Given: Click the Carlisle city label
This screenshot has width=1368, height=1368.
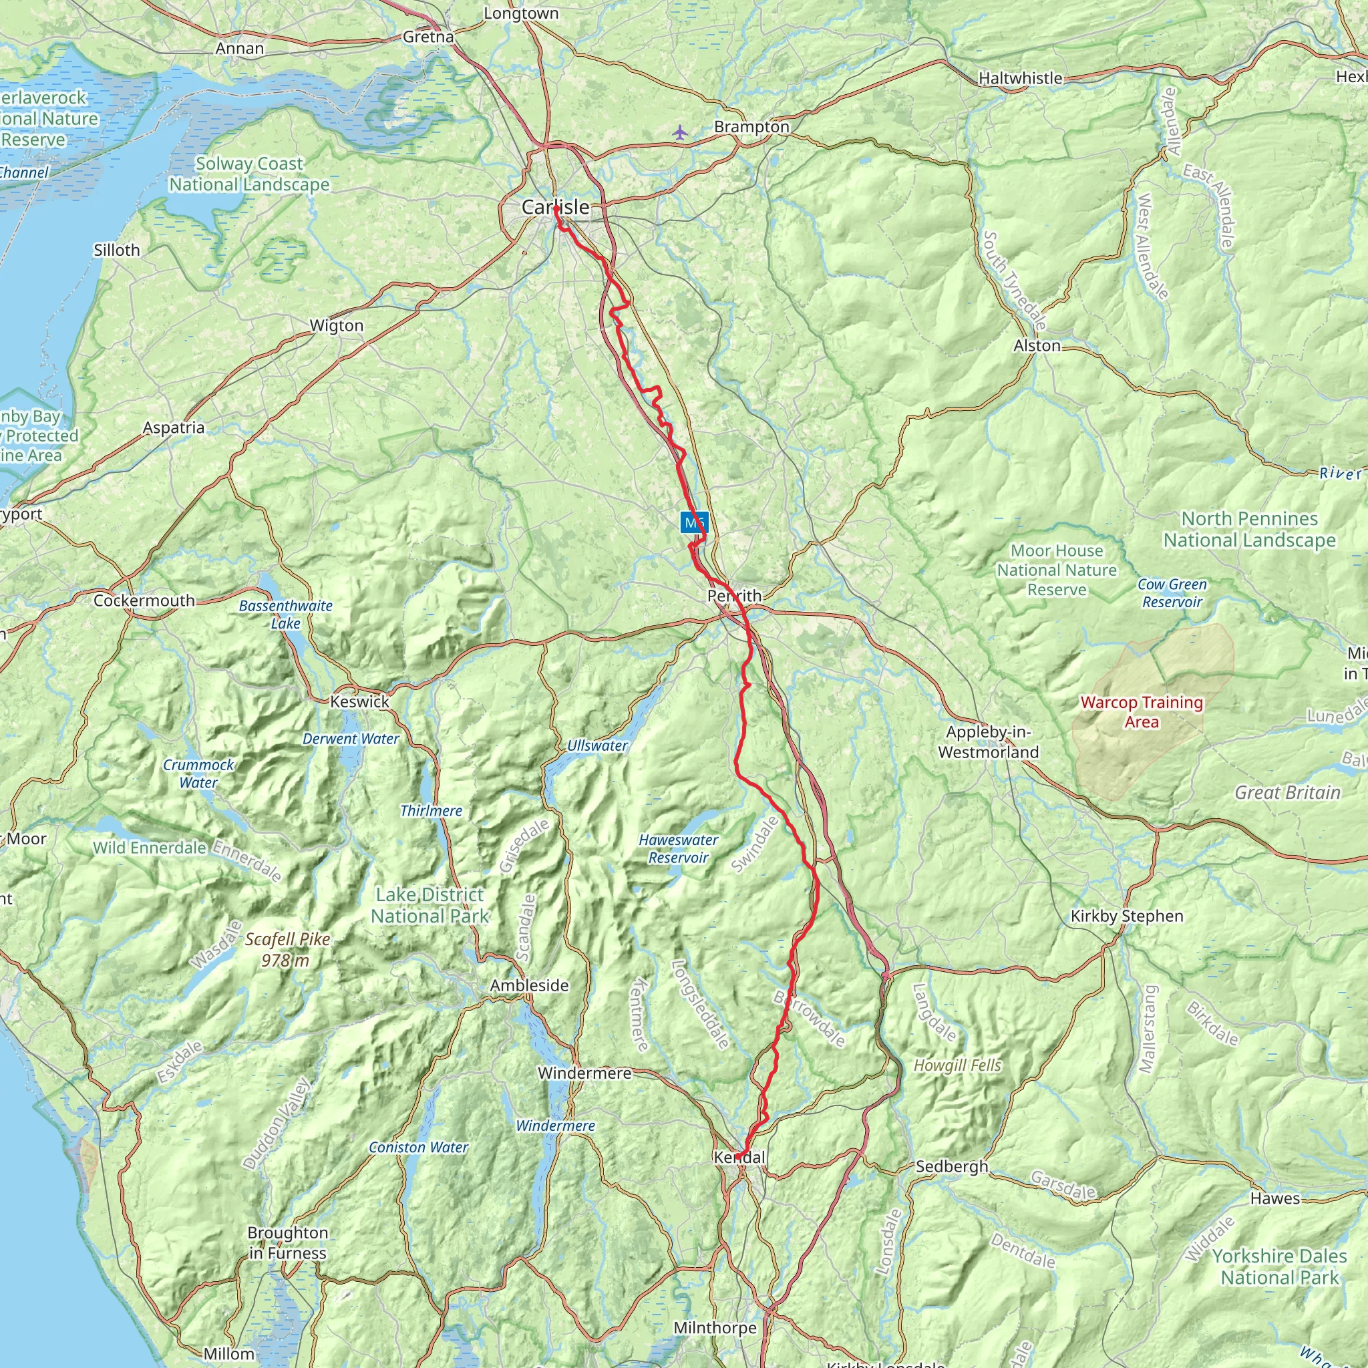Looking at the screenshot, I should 555,208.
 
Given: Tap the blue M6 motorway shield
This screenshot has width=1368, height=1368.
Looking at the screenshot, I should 694,523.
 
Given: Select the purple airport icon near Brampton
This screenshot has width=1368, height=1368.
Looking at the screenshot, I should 680,132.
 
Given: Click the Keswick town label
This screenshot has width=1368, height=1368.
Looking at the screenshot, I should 360,702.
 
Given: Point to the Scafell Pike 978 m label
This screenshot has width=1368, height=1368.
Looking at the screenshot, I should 287,950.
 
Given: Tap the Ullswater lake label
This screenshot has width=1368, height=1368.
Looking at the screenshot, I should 597,745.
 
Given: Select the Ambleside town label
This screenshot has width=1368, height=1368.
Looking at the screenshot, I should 529,985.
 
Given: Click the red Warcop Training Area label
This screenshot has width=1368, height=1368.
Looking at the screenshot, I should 1142,711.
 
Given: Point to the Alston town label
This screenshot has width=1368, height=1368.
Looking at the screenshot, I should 1037,345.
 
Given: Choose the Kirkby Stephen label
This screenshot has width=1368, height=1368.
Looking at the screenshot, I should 1127,916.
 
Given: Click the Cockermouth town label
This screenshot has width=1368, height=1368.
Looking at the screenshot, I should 144,601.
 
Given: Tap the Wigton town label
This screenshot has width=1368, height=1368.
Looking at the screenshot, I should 337,326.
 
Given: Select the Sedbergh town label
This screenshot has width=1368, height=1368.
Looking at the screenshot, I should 951,1166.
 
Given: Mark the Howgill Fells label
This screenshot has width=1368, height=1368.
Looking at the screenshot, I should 957,1065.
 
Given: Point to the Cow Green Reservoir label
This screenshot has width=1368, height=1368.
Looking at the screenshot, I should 1172,593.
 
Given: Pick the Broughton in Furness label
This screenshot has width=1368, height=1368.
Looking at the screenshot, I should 287,1242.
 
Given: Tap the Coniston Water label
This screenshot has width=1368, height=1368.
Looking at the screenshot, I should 417,1147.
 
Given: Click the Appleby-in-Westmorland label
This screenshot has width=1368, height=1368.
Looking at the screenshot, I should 989,742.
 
